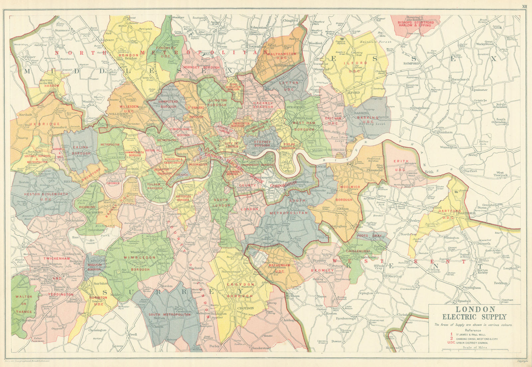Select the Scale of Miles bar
coord(474,350)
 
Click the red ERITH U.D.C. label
coord(401,163)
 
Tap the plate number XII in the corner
coord(524,6)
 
